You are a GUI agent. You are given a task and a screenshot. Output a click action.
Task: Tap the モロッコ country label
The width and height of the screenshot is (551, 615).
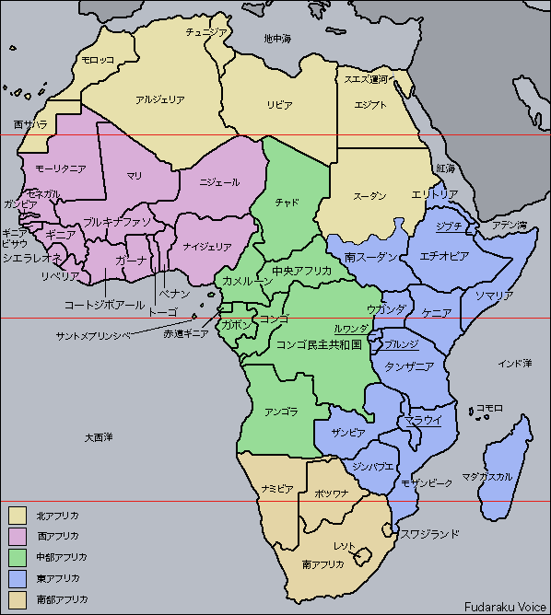pos(98,59)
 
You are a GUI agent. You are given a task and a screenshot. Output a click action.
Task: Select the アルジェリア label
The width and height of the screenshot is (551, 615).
pos(160,99)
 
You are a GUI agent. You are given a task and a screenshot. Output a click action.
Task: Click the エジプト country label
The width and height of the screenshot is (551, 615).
pos(371,104)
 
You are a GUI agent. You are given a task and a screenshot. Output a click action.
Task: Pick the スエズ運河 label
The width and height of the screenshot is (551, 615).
pos(366,79)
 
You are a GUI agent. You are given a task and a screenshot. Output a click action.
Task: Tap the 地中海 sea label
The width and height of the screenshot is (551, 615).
pos(276,39)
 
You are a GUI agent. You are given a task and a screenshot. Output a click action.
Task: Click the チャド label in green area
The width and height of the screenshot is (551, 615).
pos(287,203)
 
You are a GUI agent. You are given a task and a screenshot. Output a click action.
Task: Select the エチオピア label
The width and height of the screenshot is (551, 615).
pos(444,255)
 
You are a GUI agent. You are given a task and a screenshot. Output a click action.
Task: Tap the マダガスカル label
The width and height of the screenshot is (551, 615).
pos(487,477)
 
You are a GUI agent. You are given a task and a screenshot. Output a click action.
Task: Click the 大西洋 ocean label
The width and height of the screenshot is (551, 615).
pos(97,435)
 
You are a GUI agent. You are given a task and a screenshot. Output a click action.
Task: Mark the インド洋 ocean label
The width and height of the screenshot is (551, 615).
pos(514,364)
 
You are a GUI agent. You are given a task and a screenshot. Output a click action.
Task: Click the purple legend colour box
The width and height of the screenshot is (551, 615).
pos(18,535)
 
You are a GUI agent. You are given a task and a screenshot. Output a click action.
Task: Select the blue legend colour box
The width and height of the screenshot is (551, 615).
pos(18,579)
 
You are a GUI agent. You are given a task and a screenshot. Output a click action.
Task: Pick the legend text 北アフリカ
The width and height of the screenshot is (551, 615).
pos(57,514)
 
